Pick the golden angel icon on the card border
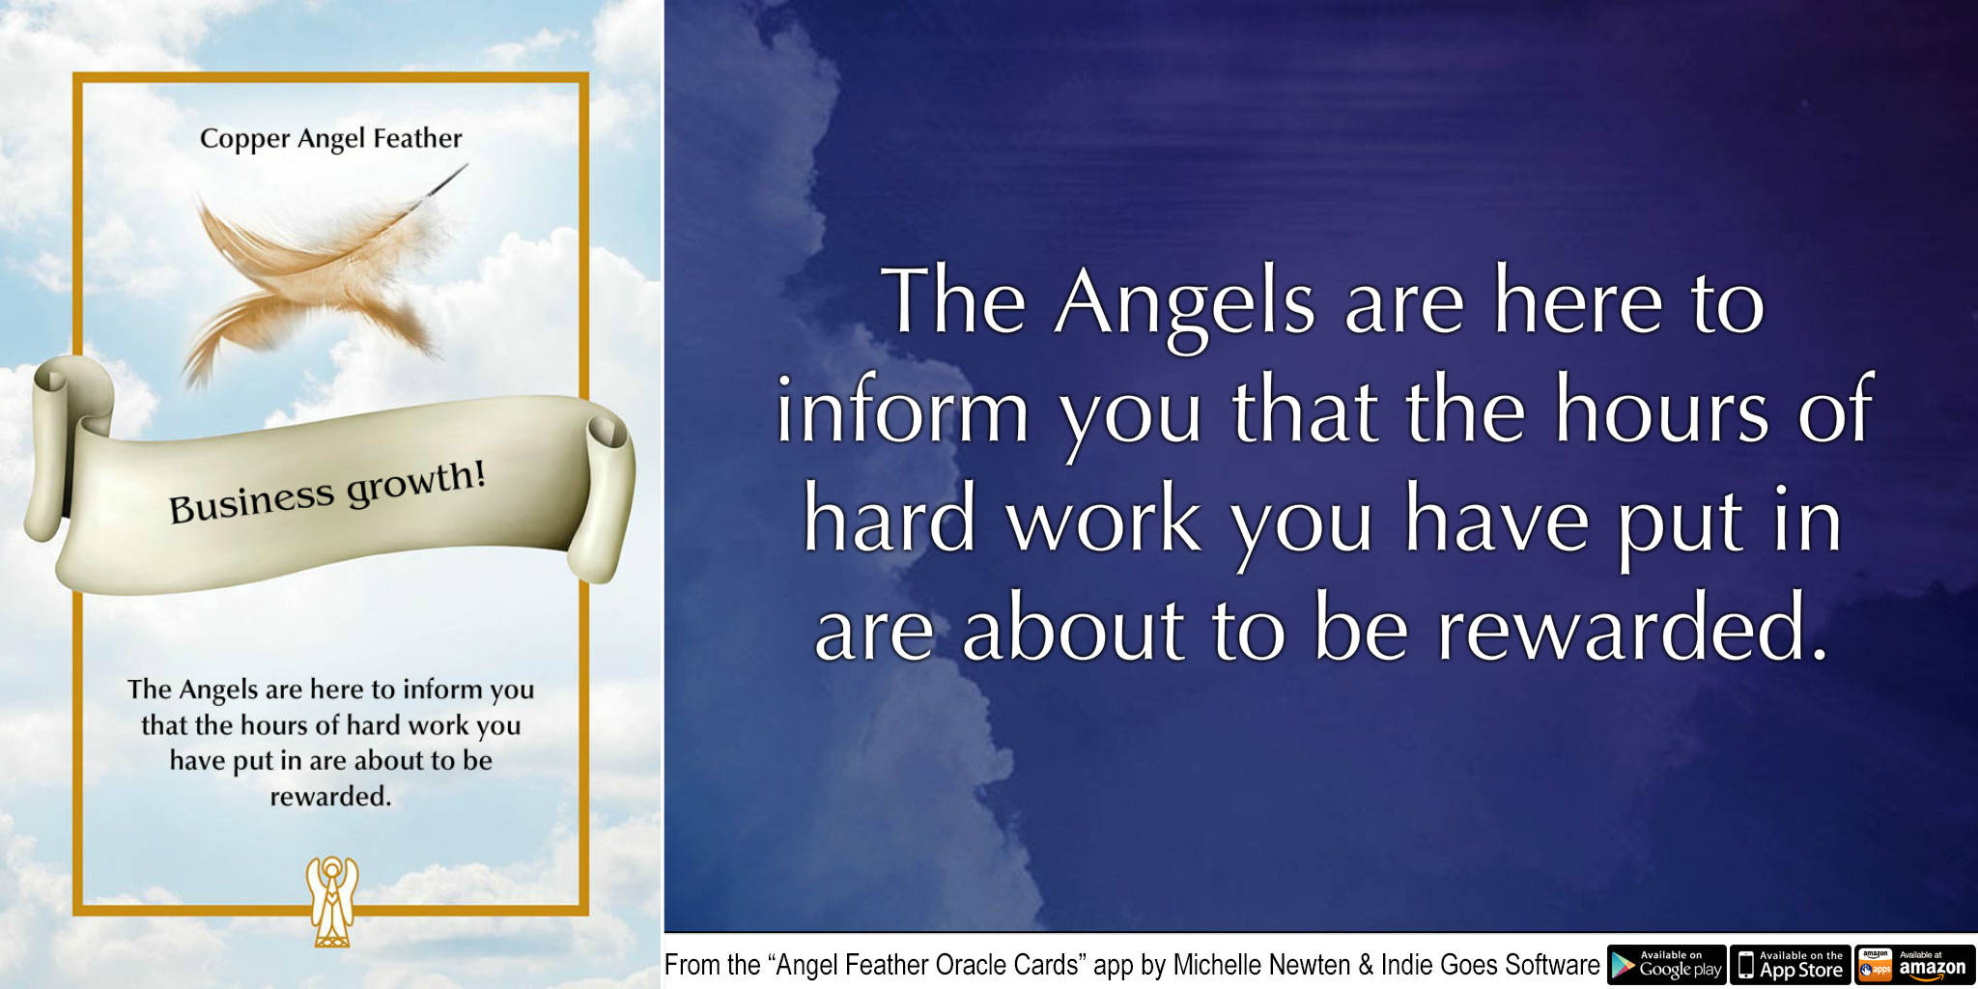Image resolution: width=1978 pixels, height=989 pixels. (331, 900)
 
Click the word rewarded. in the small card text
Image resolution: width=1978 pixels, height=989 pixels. (330, 797)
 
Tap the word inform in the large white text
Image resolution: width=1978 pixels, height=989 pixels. (902, 411)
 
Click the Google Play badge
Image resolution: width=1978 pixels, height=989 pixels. (1666, 965)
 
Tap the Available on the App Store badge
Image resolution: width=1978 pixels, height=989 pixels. (1790, 965)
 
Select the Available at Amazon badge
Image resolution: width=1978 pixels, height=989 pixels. (1914, 965)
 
